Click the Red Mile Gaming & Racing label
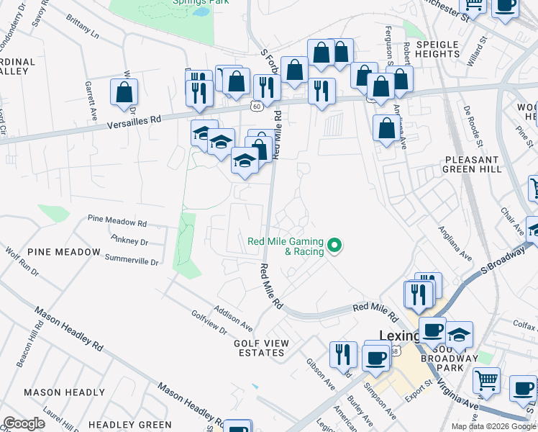[285, 246]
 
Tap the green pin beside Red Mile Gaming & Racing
[334, 246]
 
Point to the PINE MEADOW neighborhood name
[64, 252]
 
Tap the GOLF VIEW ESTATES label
[261, 348]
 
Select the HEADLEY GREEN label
[130, 425]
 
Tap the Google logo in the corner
[24, 423]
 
